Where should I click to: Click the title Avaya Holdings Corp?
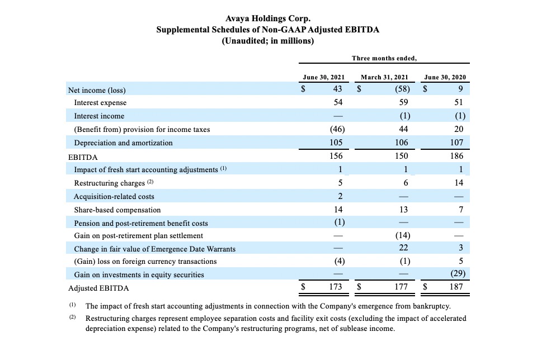coord(268,18)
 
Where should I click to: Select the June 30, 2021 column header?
coord(324,77)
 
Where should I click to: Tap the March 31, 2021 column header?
coord(385,77)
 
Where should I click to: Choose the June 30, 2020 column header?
coord(445,77)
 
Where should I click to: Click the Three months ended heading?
coord(384,58)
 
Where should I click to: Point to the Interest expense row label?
coord(100,103)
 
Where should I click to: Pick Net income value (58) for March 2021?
coord(402,89)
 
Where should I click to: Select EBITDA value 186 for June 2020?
coord(456,156)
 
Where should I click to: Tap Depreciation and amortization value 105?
coord(336,143)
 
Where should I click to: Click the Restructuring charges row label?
coord(109,183)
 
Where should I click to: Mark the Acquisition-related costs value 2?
coord(340,196)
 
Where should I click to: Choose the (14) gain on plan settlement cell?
coord(402,235)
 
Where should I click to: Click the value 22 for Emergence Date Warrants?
coord(403,248)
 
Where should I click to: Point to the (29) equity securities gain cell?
coord(458,273)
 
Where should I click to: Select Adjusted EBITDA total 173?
coord(336,287)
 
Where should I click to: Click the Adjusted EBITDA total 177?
coord(401,287)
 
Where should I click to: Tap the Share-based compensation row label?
coord(117,210)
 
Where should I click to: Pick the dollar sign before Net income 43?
coord(303,89)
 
